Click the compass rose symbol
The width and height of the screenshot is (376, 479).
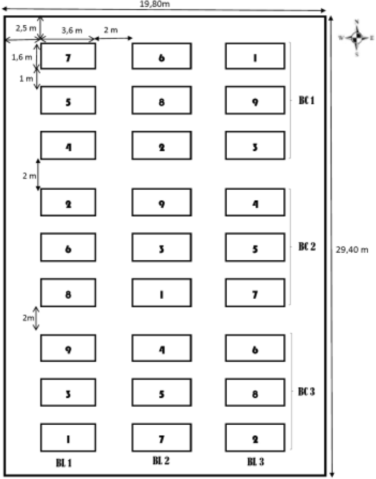(357, 38)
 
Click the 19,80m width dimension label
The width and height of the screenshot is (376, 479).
(156, 4)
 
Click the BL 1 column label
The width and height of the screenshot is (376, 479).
(64, 463)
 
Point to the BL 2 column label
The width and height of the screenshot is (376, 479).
(160, 461)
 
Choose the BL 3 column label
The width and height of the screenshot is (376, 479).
(255, 462)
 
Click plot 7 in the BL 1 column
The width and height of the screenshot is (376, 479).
(68, 56)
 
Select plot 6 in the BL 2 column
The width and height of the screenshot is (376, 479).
(161, 56)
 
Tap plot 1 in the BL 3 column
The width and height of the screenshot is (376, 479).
(255, 56)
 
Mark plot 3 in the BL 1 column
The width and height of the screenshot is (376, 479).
(68, 394)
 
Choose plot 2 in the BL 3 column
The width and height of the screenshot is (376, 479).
(255, 438)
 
